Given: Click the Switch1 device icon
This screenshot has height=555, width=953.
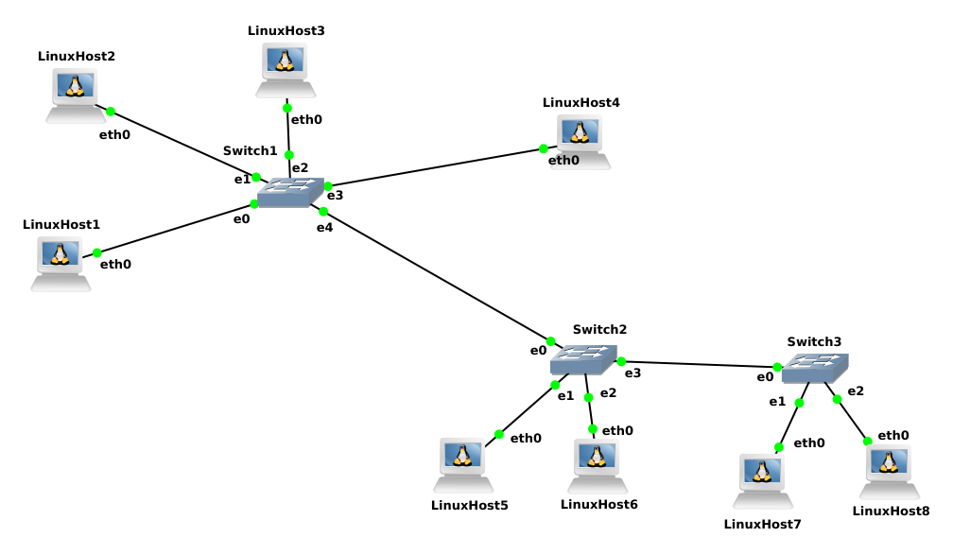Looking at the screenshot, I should click(290, 193).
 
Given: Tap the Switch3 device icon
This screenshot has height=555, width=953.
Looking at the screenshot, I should click(815, 368).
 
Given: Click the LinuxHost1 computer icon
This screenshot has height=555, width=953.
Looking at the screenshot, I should click(61, 263).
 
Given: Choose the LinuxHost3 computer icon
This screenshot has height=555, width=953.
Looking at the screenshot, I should click(286, 70).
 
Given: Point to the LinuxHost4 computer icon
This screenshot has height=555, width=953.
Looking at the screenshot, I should click(580, 141).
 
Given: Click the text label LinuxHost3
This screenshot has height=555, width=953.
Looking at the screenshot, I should click(286, 30).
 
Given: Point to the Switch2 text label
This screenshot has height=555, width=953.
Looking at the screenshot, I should click(599, 329).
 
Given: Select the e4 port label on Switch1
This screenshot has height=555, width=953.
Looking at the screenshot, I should click(324, 227).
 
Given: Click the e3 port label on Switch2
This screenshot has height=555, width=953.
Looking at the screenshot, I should click(632, 373).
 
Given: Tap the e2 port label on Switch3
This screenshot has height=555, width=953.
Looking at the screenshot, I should click(856, 390).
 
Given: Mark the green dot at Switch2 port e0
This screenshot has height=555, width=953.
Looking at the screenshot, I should click(551, 341).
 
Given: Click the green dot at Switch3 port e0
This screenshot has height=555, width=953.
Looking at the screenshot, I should click(777, 367).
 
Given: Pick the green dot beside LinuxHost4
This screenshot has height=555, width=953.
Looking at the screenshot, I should click(544, 148).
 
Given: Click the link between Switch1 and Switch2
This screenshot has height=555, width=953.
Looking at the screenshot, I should click(437, 276).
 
